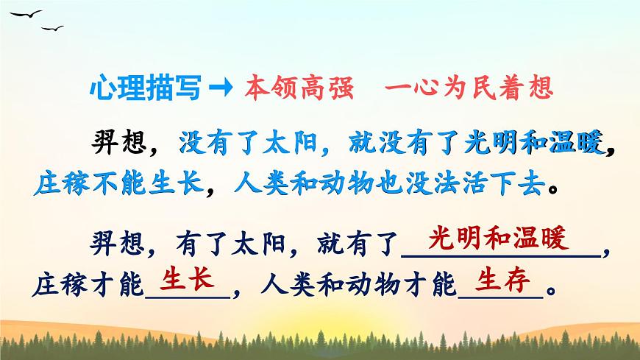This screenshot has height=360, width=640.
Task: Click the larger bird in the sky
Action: pyautogui.click(x=26, y=15)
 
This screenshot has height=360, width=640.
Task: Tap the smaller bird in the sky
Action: pyautogui.click(x=52, y=28)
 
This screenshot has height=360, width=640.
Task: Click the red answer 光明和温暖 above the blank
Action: pyautogui.click(x=498, y=240)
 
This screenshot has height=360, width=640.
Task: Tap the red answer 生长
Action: pyautogui.click(x=187, y=280)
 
